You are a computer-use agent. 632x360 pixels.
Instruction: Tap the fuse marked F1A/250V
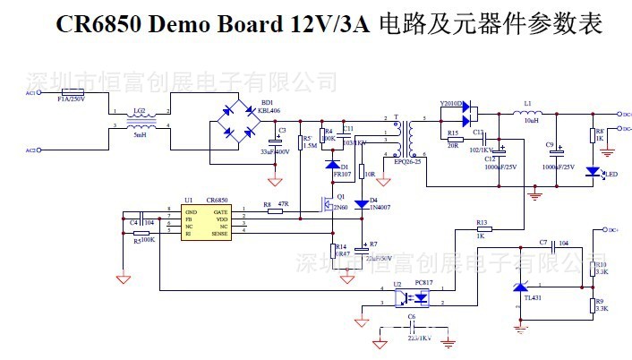coord(72,92)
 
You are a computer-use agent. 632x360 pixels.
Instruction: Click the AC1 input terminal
coord(30,92)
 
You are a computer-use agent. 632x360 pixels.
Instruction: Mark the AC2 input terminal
coord(30,150)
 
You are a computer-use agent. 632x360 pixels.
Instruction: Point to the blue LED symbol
coord(592,171)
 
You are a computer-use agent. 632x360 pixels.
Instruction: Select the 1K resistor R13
coord(482,230)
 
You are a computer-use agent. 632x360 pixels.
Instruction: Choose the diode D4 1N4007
coord(362,204)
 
